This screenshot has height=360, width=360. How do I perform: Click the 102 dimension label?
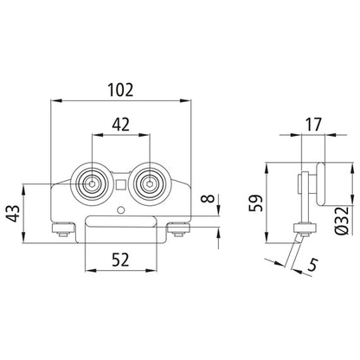pyautogui.click(x=120, y=90)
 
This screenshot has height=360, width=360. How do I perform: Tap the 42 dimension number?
pyautogui.click(x=121, y=125)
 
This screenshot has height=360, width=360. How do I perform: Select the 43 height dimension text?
pyautogui.click(x=14, y=214)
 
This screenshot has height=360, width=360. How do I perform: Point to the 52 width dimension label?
pyautogui.click(x=120, y=260)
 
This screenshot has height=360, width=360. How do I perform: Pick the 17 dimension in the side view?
pyautogui.click(x=313, y=125)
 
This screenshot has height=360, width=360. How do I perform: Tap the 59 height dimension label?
pyautogui.click(x=256, y=203)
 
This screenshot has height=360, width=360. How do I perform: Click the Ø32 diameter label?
pyautogui.click(x=343, y=220)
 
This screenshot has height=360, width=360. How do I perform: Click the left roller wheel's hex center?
pyautogui.click(x=91, y=184)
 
